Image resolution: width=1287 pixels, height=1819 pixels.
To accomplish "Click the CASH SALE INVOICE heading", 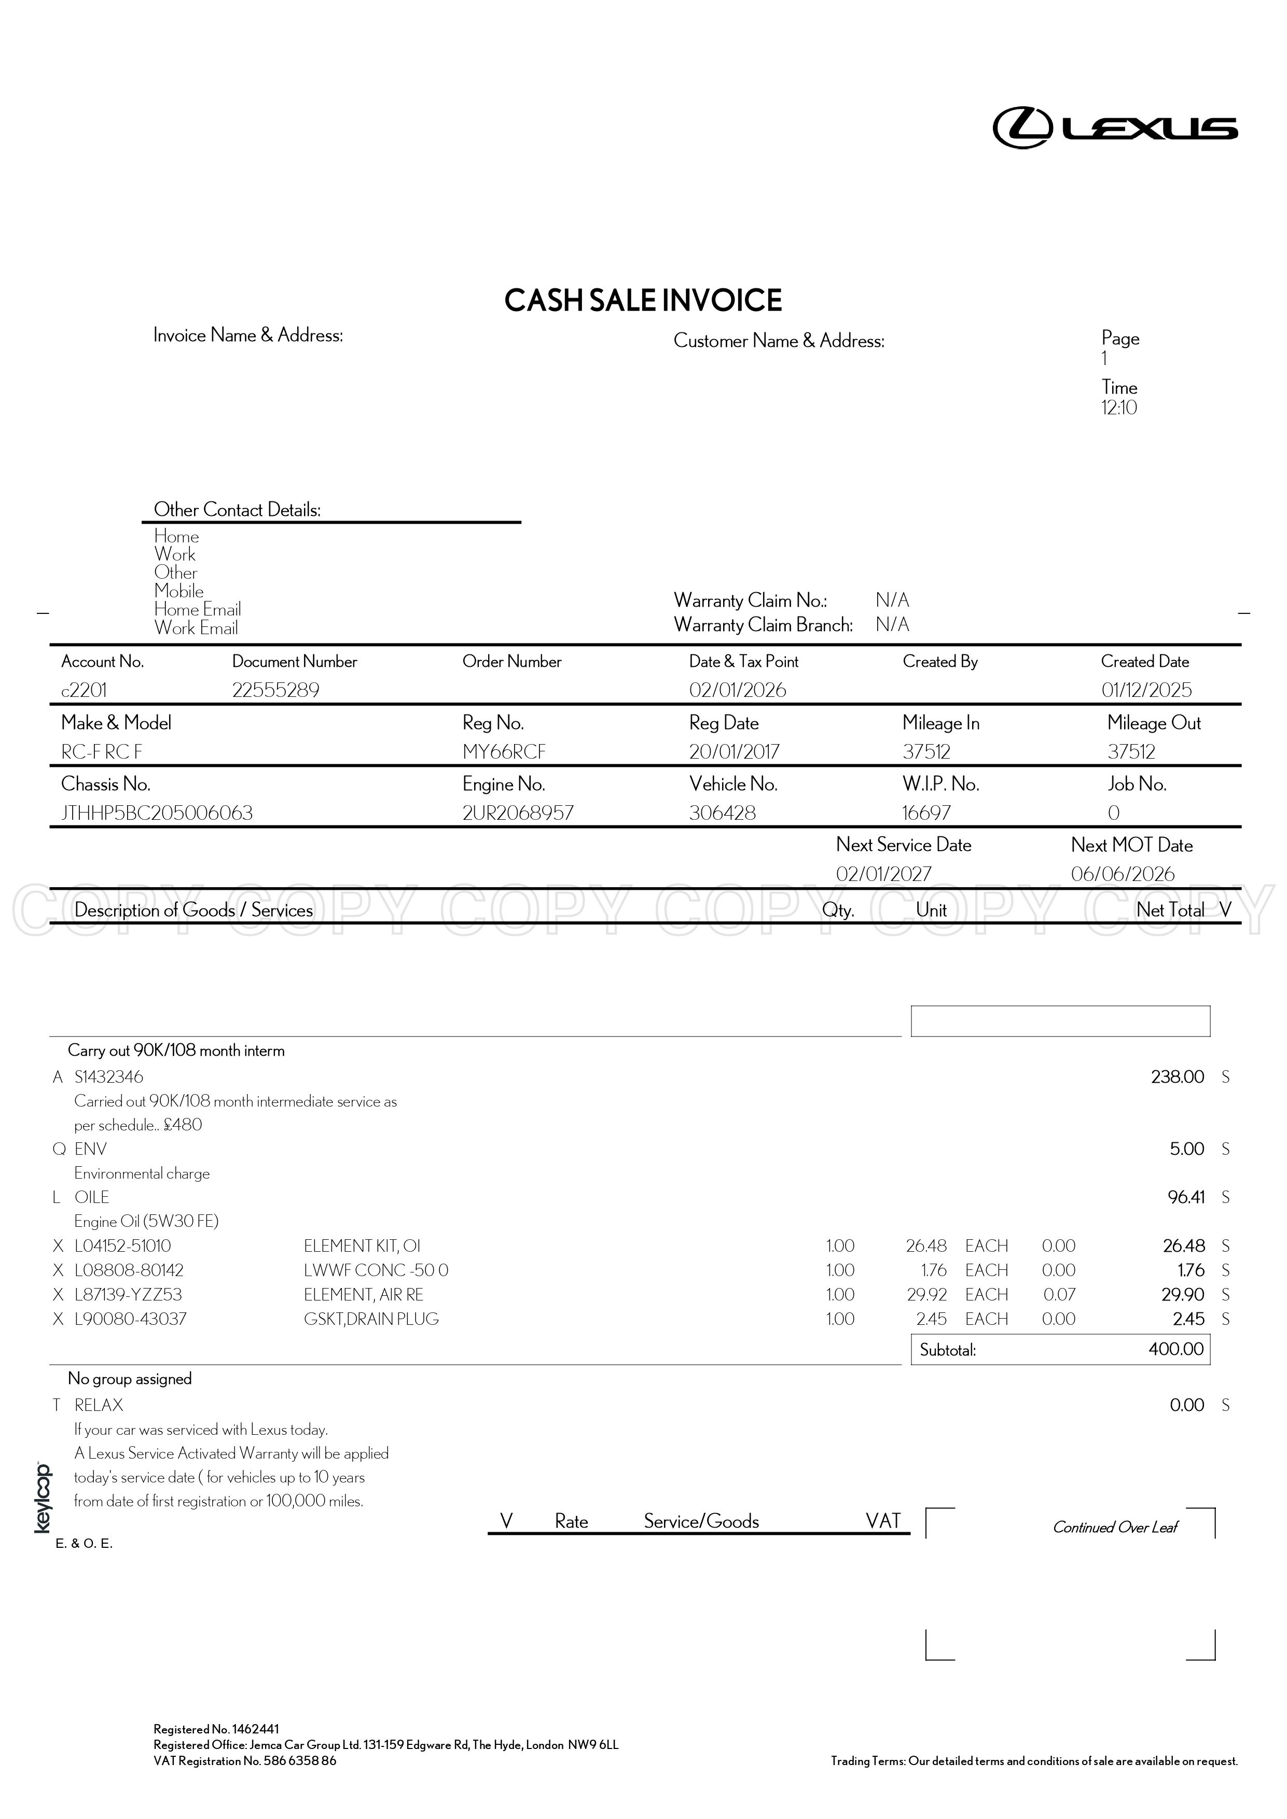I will coord(643,300).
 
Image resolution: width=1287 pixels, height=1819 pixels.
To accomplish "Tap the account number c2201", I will coord(84,690).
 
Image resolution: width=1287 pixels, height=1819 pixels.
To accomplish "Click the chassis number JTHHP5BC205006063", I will coord(157,813).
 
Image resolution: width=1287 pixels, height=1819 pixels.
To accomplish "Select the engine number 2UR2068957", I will coord(518,813).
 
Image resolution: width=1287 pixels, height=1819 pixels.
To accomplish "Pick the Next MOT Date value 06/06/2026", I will coord(1122,874).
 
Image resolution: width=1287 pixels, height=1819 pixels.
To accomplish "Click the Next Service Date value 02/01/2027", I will coord(883,874).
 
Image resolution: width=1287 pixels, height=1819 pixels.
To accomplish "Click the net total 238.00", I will coord(1177,1076).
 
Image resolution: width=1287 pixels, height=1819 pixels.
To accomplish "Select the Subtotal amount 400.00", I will coord(1175,1349).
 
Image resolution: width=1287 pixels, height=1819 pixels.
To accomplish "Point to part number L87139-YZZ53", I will coord(128,1295).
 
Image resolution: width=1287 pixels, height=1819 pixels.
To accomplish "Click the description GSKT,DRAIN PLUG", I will coord(371,1319).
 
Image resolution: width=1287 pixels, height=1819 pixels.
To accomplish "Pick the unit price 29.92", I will coord(926,1295).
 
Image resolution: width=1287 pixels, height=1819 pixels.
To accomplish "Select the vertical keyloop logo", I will coord(42,1498).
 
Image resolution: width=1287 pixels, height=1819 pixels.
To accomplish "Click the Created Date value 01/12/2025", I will coord(1146,690).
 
